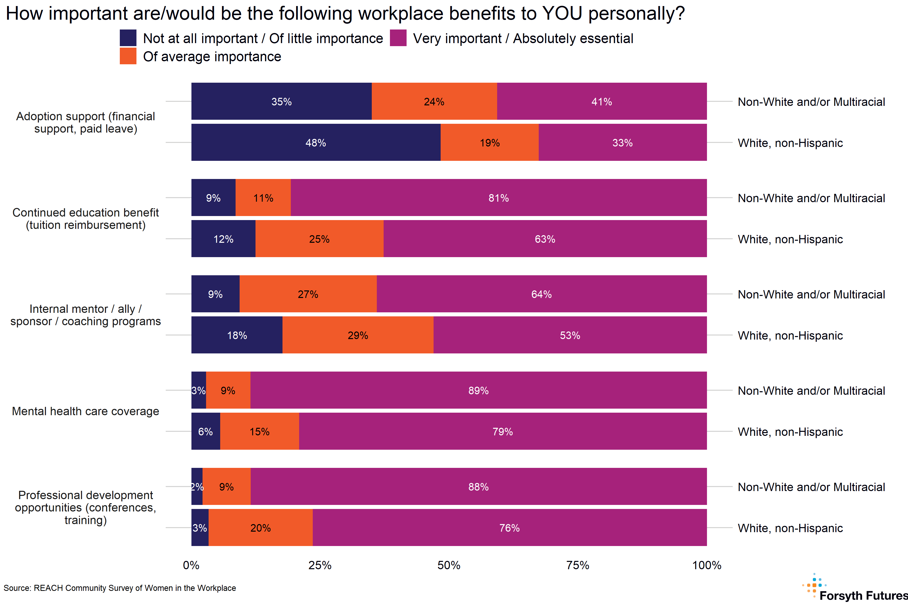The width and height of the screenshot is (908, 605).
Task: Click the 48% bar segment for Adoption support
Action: coord(316,142)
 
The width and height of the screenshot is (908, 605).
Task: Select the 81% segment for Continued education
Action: coord(498,198)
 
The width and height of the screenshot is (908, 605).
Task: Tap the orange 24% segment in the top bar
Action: coord(434,102)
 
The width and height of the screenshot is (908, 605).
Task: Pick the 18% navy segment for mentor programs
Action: coord(237,335)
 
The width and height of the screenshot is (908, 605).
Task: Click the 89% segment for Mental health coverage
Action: coord(478,390)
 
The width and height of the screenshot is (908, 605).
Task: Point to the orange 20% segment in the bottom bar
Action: coord(260,527)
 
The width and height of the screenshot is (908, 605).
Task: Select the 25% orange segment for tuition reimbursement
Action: coord(319,239)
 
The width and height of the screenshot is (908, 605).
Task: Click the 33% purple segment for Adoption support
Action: coord(622,142)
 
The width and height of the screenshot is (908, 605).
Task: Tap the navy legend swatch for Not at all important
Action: coord(128,38)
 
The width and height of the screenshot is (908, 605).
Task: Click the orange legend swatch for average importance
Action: coord(128,56)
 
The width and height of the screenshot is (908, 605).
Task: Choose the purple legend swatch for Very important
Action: coord(398,38)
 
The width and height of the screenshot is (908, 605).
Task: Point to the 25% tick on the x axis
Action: coord(320,565)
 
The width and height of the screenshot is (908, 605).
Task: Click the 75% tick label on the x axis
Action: coord(578,565)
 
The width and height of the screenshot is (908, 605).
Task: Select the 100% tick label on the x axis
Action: coord(706,565)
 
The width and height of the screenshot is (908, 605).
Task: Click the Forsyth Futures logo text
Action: coord(863,595)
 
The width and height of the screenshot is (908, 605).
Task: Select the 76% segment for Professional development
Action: coord(509,527)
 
